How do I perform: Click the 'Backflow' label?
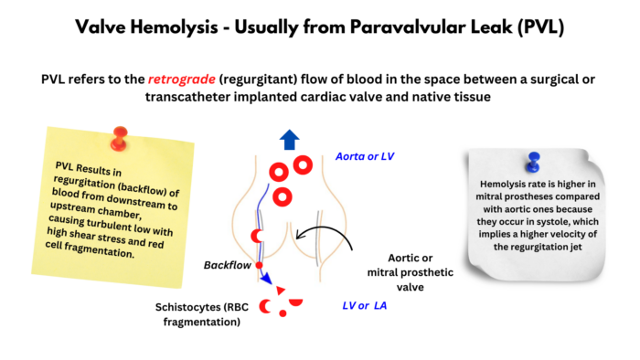point(227,264)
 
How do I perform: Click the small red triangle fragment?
point(280,290)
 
